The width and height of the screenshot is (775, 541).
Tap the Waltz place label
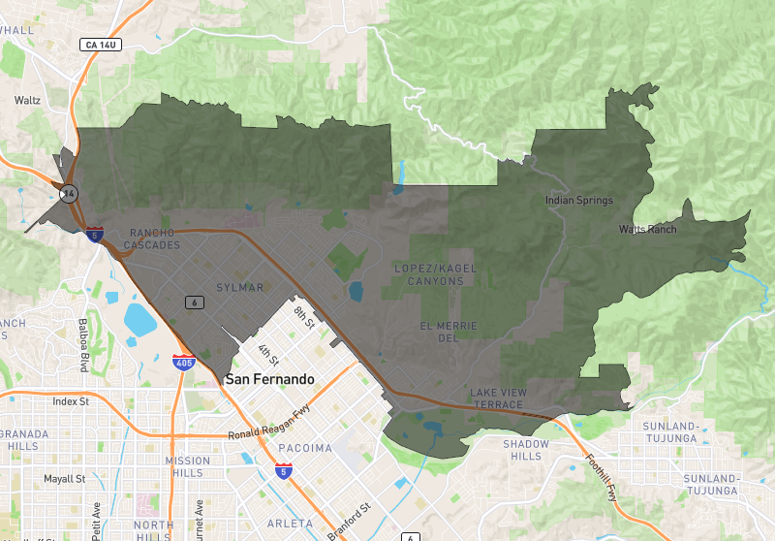(27, 100)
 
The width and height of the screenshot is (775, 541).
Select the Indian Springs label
(579, 201)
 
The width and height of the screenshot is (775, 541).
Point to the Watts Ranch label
(648, 230)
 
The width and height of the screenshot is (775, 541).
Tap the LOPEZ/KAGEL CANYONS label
(429, 273)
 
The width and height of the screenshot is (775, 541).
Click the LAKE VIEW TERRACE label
(497, 397)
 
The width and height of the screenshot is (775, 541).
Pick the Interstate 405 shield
(183, 363)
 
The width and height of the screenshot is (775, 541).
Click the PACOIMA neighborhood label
(305, 448)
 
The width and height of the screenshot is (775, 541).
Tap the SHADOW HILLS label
(526, 450)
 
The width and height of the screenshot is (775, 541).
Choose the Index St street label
(71, 401)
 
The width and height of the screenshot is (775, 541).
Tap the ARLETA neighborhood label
(295, 524)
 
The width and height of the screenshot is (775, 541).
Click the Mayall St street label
(65, 479)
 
